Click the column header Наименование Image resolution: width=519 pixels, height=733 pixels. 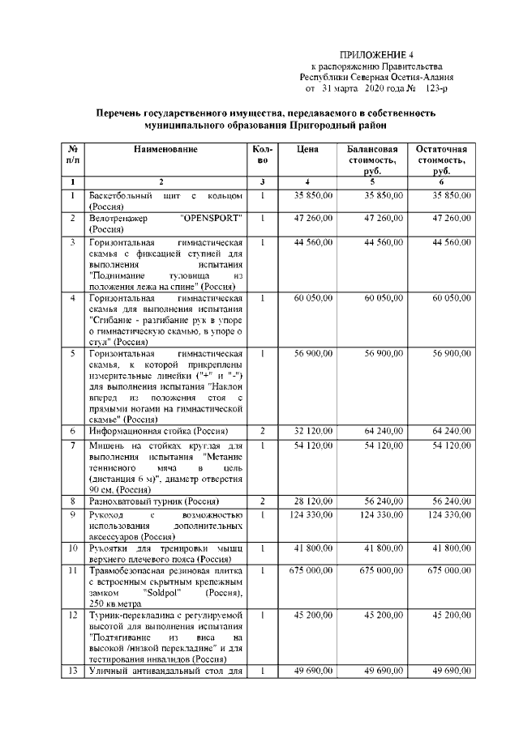165,149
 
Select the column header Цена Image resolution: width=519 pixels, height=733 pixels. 307,149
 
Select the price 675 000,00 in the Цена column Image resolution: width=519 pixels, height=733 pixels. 312,570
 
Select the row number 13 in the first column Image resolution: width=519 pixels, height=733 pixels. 73,671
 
